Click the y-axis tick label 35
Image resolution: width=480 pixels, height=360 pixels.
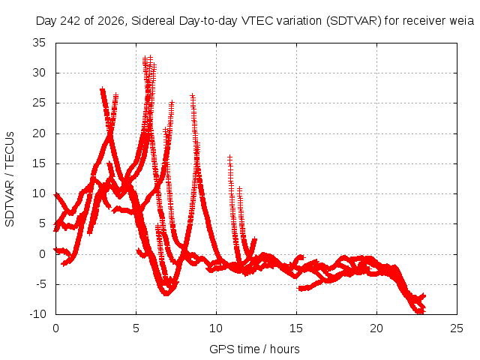(x=39, y=43)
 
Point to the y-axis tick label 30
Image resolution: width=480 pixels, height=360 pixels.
(x=39, y=73)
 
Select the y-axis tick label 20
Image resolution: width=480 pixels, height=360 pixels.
(x=39, y=133)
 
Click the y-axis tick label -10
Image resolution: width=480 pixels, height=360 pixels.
(x=37, y=314)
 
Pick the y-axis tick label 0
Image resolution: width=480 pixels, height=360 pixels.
(x=42, y=254)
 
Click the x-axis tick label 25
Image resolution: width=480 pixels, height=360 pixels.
(x=457, y=328)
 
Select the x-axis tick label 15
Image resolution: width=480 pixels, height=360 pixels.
(x=296, y=328)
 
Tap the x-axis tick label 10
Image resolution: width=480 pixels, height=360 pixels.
(x=216, y=328)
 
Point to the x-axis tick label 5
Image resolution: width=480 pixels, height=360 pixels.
(x=136, y=328)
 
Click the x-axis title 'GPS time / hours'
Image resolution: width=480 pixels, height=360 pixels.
(x=254, y=349)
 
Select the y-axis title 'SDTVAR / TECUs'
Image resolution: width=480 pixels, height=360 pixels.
(x=10, y=179)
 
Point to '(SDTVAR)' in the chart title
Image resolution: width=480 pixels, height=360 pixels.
(x=354, y=21)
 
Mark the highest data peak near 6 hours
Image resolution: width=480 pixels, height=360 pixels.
(x=150, y=57)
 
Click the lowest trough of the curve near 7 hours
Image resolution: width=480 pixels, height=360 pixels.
(x=166, y=294)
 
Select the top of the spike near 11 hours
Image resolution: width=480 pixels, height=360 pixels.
(x=229, y=157)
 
